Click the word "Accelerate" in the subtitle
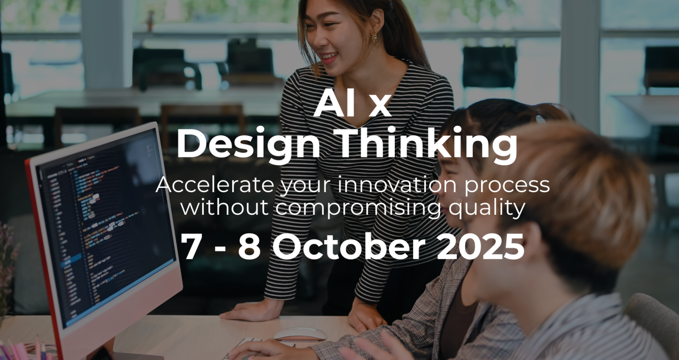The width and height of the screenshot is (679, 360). [215, 185]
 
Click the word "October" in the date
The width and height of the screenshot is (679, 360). [348, 247]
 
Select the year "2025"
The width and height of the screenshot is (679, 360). [481, 247]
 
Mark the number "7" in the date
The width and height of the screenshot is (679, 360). [192, 247]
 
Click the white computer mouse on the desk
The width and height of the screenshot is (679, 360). [300, 334]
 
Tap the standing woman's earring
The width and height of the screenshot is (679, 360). [375, 37]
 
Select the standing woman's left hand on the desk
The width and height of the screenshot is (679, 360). [365, 317]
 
